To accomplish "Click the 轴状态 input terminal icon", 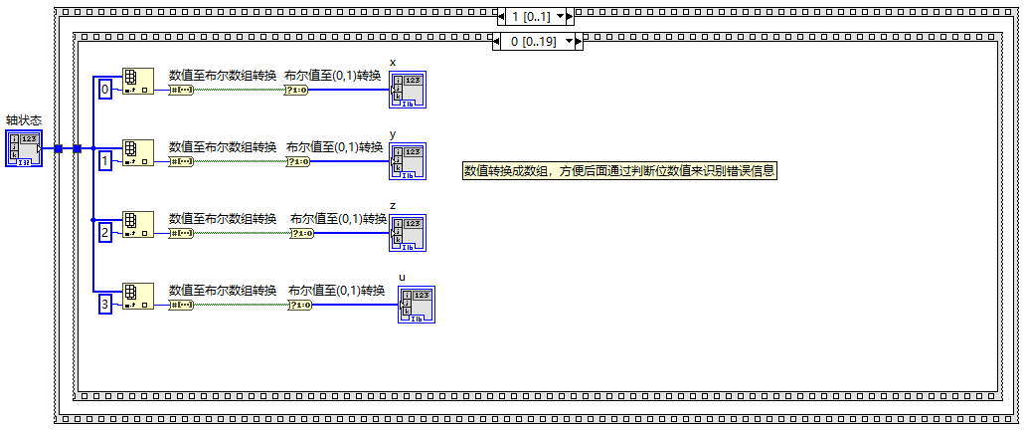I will point(24,147).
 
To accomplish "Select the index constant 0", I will point(105,91).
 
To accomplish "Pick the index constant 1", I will point(105,160).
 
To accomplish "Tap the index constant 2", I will point(105,233).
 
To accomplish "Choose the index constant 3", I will point(105,305).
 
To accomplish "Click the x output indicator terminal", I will point(408,91).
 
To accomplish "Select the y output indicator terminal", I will point(408,161).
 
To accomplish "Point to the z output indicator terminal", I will point(408,231).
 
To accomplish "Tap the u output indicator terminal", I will point(418,305).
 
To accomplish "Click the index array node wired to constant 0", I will point(137,81).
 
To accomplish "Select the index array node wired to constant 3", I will point(137,296).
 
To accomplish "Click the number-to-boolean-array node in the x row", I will point(181,90).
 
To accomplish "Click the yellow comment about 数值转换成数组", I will point(619,171).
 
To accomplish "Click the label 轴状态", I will point(24,120).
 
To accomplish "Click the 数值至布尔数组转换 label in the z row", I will point(223,219).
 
